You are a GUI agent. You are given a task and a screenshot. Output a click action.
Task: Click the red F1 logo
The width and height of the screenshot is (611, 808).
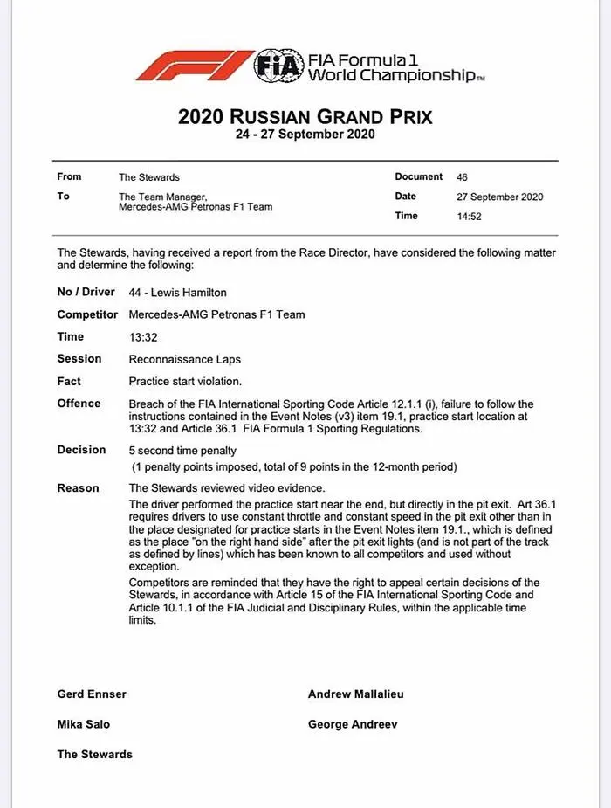[x=193, y=66]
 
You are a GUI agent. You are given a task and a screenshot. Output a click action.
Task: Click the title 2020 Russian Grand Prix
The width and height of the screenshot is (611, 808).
[x=305, y=116]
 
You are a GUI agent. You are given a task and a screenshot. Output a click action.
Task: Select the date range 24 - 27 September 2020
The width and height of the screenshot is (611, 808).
[x=305, y=135]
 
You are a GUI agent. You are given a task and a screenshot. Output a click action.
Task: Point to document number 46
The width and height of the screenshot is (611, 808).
[x=462, y=176]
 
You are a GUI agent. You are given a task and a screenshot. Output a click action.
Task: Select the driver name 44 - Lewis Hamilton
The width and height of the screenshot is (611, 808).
[x=177, y=293]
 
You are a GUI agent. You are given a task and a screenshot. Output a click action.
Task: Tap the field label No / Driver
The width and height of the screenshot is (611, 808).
[x=86, y=292]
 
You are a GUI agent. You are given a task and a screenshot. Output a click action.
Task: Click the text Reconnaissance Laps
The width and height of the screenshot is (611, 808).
[x=184, y=359]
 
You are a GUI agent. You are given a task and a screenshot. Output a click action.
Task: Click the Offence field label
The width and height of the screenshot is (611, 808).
[x=79, y=404]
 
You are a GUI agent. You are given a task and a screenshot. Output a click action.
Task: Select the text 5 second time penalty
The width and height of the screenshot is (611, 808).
[x=182, y=451]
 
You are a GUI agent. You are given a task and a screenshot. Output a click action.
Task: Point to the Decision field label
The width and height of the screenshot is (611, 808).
[x=81, y=450]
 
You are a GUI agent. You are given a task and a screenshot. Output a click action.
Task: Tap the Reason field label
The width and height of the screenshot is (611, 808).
[x=79, y=487]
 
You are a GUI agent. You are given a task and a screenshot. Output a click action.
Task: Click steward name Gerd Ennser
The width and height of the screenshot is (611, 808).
[x=92, y=694]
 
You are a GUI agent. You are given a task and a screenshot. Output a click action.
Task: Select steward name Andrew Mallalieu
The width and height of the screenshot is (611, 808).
[x=355, y=694]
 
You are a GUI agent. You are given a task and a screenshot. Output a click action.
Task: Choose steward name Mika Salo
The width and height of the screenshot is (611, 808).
[x=84, y=724]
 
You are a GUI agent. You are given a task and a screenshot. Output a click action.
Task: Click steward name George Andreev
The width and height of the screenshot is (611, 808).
[x=352, y=724]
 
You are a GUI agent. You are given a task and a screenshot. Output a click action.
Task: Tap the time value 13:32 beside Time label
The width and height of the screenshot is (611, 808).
[x=142, y=336]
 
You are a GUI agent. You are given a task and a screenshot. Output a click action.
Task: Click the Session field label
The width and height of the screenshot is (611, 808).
[x=79, y=358]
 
